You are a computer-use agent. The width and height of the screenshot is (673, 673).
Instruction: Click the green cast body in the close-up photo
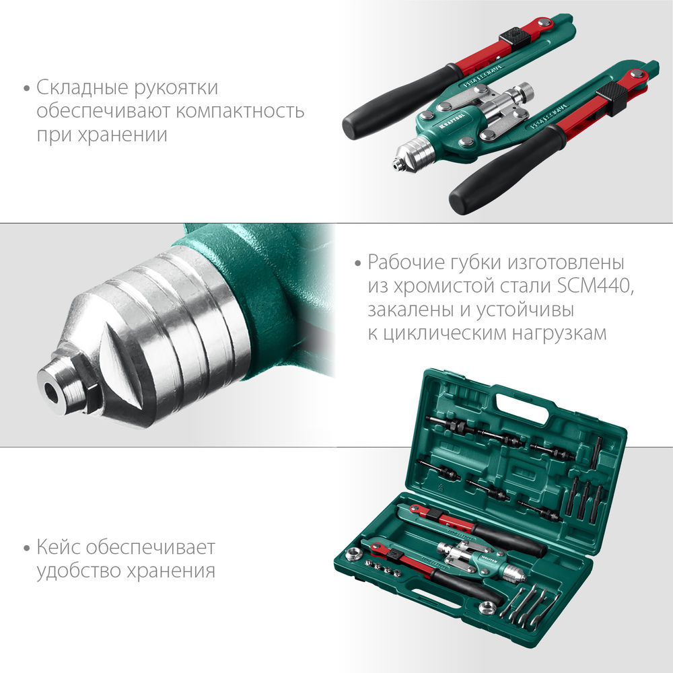click(269, 289)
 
